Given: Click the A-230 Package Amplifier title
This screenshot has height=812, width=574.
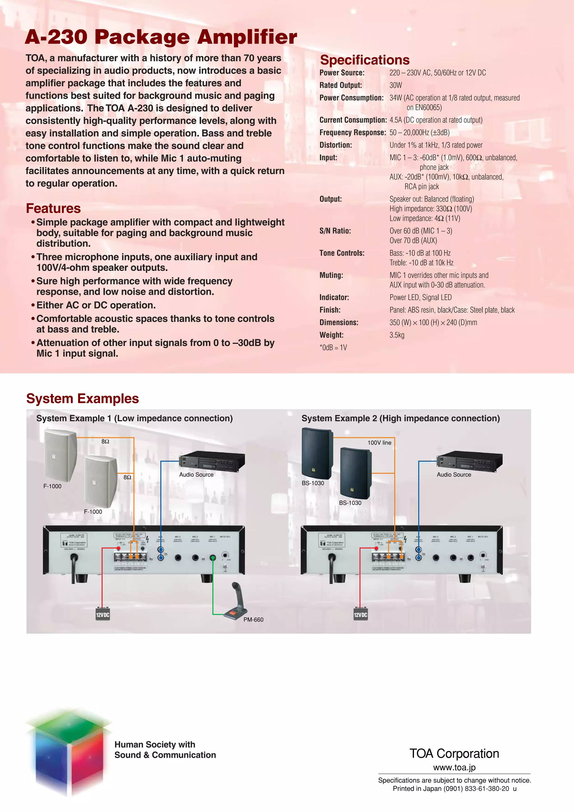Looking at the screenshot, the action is (x=161, y=37).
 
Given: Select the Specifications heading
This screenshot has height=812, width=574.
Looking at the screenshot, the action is (x=365, y=60).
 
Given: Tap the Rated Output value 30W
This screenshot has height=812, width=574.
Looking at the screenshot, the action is (x=395, y=85).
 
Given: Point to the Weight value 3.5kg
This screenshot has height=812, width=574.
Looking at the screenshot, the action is (x=397, y=335).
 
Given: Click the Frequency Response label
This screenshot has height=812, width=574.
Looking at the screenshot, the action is (x=352, y=133).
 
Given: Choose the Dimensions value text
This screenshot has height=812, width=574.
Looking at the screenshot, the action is (x=433, y=323).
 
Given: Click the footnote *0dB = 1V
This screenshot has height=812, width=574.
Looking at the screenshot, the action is (x=333, y=348).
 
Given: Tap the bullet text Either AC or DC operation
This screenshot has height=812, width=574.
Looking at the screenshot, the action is (x=96, y=305).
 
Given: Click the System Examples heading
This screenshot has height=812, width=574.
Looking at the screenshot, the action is (x=82, y=398).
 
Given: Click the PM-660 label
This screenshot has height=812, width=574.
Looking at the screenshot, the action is (x=253, y=620).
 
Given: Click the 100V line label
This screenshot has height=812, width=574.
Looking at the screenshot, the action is (x=379, y=443).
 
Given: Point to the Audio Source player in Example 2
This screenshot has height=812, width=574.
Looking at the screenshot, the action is (x=470, y=461).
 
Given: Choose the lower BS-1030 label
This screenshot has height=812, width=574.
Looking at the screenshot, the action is (x=350, y=503).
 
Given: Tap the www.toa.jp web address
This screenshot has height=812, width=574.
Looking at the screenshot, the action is (x=454, y=767).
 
